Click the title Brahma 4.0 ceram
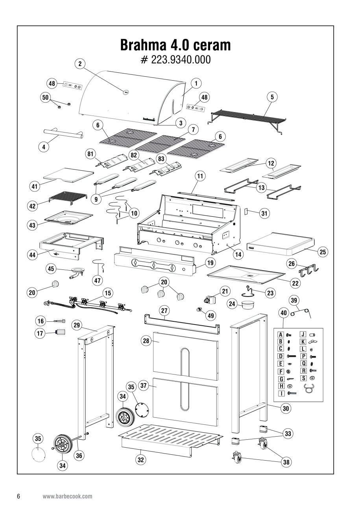[x=175, y=46]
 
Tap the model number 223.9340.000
[x=175, y=60]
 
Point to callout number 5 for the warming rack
[x=271, y=96]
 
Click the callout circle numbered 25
[x=323, y=252]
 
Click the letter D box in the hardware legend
[x=281, y=356]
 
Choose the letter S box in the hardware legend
[x=304, y=378]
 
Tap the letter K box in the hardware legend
[x=303, y=341]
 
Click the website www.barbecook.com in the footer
[x=67, y=496]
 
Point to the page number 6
[x=18, y=496]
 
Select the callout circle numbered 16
[x=41, y=321]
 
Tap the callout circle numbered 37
[x=144, y=386]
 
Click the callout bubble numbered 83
[x=161, y=159]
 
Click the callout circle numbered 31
[x=264, y=213]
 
